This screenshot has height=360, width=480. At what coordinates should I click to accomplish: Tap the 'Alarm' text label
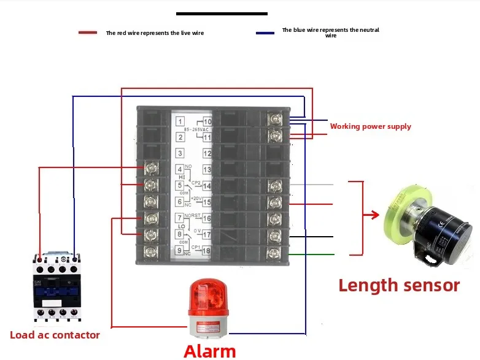[209, 351]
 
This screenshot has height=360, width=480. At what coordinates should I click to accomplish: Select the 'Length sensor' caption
[398, 285]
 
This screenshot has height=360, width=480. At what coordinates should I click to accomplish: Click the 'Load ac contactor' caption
[55, 335]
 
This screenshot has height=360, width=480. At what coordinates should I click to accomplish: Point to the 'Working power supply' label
[370, 126]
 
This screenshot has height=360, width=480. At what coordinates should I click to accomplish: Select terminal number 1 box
[180, 121]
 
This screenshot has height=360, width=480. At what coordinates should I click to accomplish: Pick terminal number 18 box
[207, 250]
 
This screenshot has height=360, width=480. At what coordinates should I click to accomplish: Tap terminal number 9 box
[180, 250]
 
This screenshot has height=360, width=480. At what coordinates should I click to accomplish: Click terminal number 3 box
[180, 153]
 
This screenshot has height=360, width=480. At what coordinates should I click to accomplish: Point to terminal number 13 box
[207, 170]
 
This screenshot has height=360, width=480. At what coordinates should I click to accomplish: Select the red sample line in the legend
[88, 33]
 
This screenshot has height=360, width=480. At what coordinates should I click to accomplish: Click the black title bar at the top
[222, 13]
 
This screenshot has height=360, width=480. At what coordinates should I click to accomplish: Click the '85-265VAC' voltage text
[197, 130]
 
